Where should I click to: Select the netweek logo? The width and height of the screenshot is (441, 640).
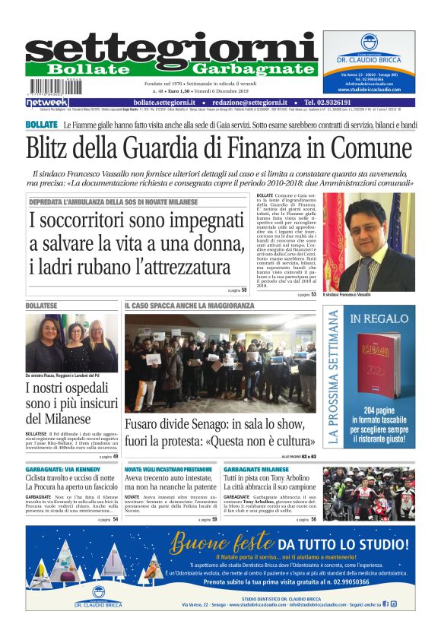[x=47, y=102]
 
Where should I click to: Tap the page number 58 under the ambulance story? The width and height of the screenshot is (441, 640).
[x=244, y=290]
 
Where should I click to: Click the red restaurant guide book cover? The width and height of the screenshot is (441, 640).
[x=377, y=364]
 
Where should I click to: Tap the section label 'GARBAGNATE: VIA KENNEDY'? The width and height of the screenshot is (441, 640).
[x=60, y=470]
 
